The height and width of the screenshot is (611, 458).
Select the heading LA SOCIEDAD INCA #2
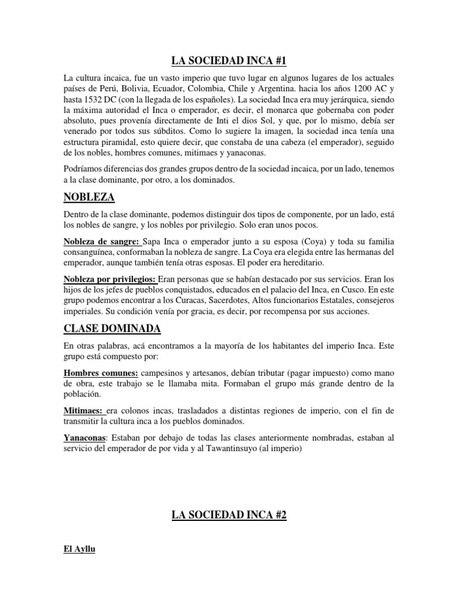point(229,514)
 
